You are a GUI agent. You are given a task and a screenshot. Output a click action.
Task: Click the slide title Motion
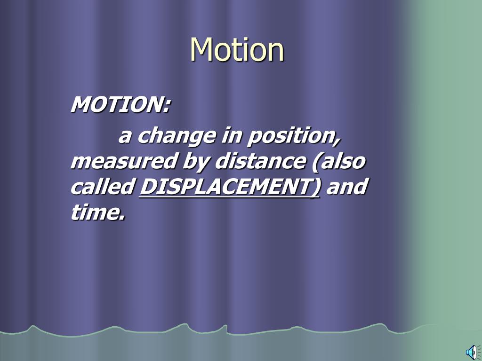coord(237,49)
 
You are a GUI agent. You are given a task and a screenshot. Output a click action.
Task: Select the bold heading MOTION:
coord(120,104)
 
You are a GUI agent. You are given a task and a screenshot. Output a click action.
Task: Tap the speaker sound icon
coord(471,352)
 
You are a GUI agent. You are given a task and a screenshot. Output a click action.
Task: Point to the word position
coord(292,137)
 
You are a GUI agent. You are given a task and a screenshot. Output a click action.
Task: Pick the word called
coord(102,187)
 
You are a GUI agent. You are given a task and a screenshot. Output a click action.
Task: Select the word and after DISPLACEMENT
coord(346,187)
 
